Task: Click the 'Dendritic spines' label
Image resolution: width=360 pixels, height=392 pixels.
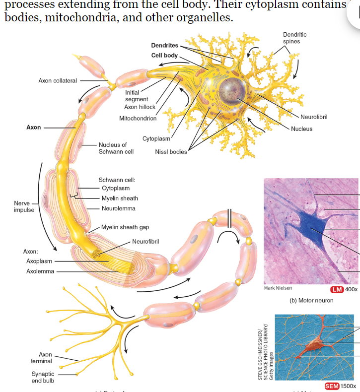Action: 294,38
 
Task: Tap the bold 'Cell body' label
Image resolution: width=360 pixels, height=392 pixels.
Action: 164,55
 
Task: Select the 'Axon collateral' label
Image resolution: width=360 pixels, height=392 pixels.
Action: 58,81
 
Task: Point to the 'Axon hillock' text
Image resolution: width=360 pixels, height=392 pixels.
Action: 140,107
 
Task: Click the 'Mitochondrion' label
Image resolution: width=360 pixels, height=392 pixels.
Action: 138,119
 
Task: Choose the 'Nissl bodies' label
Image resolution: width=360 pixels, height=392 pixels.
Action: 171,151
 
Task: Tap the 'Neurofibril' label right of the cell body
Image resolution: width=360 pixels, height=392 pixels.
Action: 314,117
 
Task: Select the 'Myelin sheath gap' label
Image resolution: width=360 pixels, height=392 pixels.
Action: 125,227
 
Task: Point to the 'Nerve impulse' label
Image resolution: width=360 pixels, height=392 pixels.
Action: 24,206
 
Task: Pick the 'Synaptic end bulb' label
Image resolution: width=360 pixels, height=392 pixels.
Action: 43,377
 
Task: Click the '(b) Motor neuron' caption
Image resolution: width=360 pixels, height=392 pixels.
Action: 311,301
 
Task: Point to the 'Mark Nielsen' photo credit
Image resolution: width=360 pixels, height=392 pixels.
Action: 278,288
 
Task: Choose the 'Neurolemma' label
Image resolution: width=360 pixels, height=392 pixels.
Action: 118,208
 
